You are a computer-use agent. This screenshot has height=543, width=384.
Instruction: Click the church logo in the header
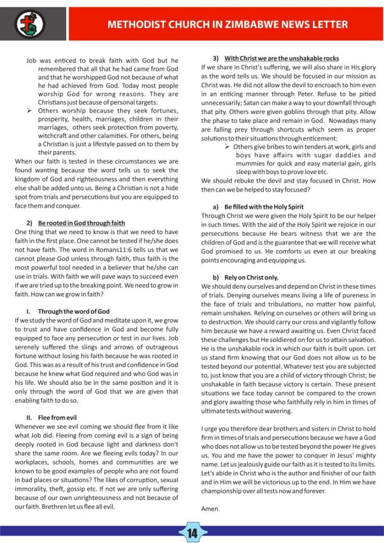click(29, 23)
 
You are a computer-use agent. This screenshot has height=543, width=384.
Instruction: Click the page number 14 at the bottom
click(192, 533)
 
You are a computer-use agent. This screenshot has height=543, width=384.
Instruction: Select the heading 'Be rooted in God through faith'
click(82, 222)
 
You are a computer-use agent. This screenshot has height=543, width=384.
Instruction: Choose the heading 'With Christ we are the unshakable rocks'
click(281, 58)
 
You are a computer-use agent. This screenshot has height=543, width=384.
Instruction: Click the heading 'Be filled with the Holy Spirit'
click(264, 206)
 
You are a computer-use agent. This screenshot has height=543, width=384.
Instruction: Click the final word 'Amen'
click(210, 508)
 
